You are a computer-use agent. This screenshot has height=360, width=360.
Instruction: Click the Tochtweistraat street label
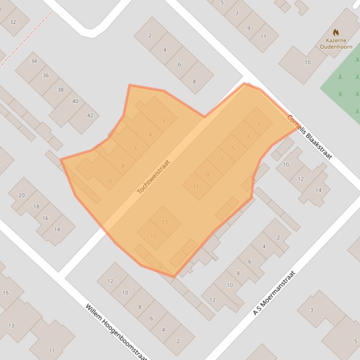(x=154, y=177)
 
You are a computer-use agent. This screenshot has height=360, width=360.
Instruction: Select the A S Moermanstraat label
(x=275, y=293)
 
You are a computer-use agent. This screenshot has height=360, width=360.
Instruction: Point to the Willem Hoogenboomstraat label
(x=117, y=332)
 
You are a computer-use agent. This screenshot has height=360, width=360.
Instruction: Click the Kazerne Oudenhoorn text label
(x=336, y=43)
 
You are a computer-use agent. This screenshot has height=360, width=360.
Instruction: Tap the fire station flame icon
(x=336, y=32)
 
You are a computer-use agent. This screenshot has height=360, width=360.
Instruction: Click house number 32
(x=13, y=22)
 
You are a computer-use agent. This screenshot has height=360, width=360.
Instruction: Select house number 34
(x=34, y=61)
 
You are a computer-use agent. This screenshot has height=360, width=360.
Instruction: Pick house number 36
(x=46, y=75)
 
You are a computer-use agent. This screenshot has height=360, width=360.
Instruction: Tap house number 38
(x=60, y=90)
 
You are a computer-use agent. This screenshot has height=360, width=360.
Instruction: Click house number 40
(x=75, y=101)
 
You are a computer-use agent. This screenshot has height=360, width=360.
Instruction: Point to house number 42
(x=90, y=115)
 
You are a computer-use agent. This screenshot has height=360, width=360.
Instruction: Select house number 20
(x=22, y=195)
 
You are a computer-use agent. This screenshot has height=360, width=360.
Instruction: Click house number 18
(x=36, y=207)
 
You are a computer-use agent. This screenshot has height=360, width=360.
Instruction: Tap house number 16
(x=45, y=218)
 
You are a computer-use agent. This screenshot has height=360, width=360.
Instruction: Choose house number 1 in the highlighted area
(x=259, y=124)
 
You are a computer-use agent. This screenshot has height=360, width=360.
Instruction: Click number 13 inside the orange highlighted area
(x=164, y=222)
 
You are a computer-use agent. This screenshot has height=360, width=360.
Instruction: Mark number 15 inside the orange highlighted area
(x=153, y=237)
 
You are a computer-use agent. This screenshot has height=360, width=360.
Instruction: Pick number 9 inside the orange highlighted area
(x=207, y=175)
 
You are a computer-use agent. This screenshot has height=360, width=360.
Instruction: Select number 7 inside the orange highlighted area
(x=221, y=160)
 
